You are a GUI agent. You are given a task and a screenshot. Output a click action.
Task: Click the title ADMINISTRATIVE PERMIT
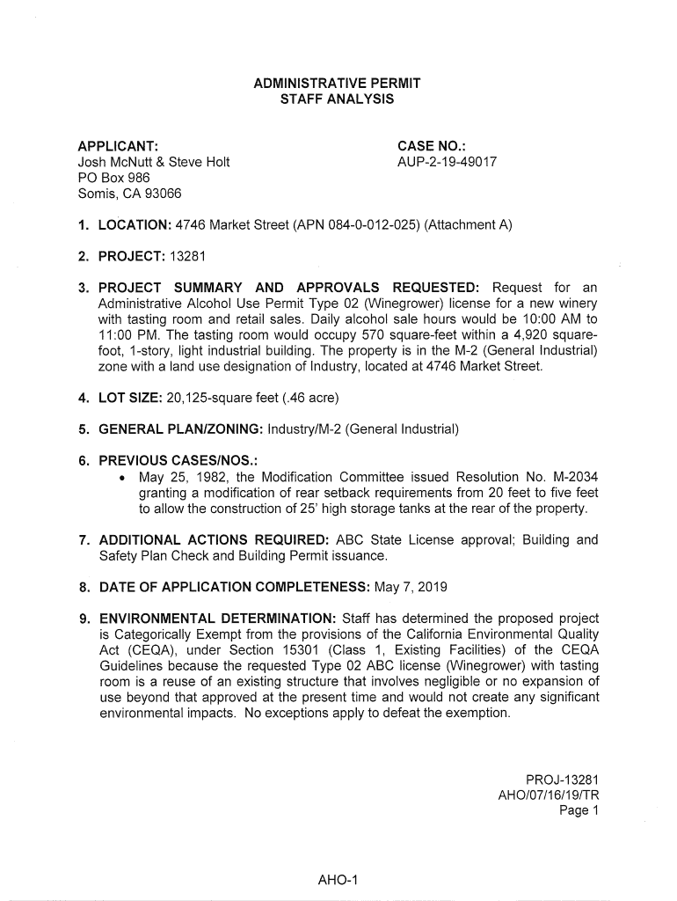coord(337,84)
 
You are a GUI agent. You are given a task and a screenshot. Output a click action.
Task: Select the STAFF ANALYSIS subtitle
coord(337,100)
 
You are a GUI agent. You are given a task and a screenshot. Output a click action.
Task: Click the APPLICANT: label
coord(118,145)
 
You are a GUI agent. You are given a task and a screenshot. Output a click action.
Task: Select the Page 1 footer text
coord(579,810)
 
